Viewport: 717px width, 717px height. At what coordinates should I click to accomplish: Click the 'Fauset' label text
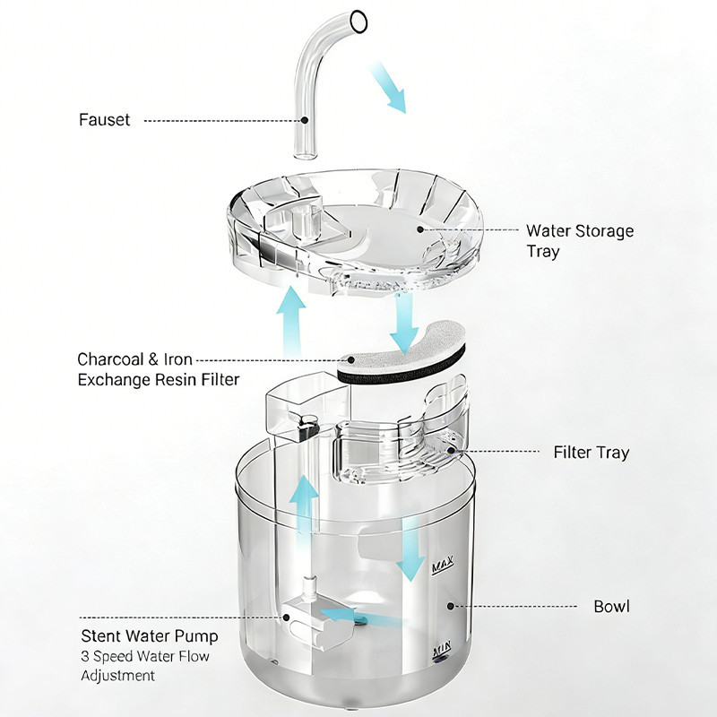tap(104, 120)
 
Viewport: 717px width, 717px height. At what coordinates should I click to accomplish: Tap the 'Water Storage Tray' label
tap(580, 241)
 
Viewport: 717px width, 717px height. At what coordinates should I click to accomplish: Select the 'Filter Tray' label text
tap(592, 453)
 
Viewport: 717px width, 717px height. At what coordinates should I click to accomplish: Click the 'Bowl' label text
tap(611, 607)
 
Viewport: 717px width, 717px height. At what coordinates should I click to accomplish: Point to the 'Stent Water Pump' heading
tap(150, 636)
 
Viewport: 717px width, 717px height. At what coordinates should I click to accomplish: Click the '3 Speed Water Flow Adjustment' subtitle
tap(145, 666)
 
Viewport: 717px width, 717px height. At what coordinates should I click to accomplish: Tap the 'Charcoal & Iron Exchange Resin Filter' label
tap(159, 369)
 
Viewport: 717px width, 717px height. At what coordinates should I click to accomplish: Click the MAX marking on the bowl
tap(443, 565)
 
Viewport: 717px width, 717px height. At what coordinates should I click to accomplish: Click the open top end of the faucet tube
tap(358, 22)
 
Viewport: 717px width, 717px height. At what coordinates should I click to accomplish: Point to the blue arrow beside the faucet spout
tap(387, 87)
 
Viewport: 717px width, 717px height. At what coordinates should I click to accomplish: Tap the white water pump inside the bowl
tap(317, 622)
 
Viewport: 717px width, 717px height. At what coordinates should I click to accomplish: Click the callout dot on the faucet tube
tap(305, 120)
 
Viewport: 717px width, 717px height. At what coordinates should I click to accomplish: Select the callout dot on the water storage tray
tap(420, 229)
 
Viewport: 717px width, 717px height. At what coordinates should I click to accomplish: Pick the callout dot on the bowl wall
tap(451, 607)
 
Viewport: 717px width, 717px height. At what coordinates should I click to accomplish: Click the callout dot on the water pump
tap(286, 618)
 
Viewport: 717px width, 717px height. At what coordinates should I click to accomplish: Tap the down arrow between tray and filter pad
tap(404, 324)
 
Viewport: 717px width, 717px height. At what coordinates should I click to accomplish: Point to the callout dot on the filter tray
tap(451, 451)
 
